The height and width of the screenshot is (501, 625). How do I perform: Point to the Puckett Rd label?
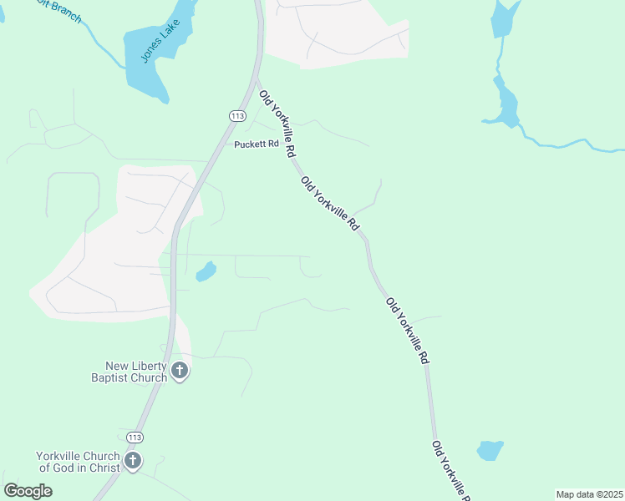[x=256, y=144]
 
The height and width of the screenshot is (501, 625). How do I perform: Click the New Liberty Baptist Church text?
[x=136, y=371]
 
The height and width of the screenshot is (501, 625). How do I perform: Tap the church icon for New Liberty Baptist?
[x=179, y=371]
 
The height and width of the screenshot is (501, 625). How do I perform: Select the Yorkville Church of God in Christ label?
[x=77, y=461]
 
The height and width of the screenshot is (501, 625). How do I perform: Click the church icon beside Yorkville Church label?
[x=132, y=461]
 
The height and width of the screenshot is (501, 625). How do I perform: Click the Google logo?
[x=28, y=490]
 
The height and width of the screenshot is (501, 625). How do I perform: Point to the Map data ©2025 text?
[x=589, y=494]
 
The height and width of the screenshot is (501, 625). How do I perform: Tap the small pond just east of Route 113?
[x=205, y=271]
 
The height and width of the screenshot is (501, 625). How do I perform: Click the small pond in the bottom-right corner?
[x=490, y=450]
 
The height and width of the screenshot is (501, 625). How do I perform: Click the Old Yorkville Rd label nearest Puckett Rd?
[x=277, y=125]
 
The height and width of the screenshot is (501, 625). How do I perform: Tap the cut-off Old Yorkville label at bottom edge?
[x=451, y=473]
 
